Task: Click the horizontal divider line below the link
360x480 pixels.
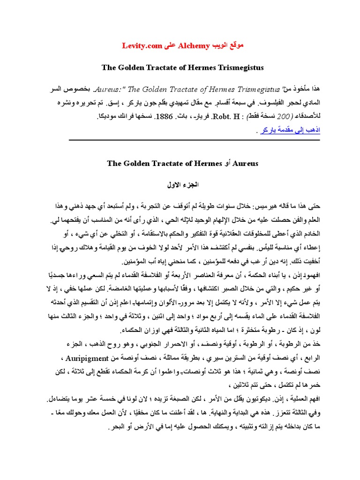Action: coord(195,140)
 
